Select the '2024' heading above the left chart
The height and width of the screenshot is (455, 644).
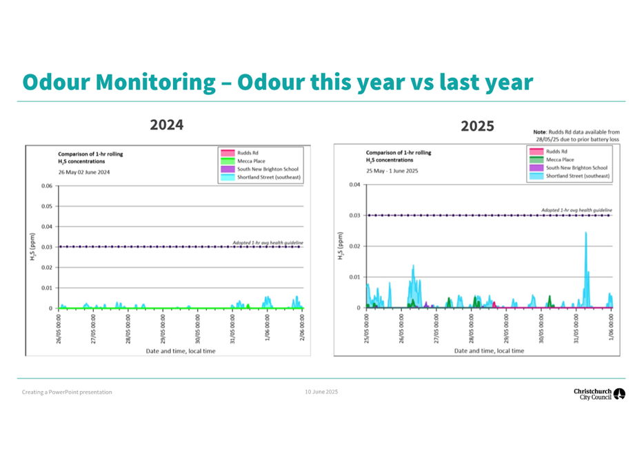(x=167, y=125)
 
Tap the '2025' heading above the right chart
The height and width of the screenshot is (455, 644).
(x=477, y=127)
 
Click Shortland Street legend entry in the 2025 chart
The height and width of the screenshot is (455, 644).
(x=577, y=176)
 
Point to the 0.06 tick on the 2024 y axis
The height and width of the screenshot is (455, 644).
(x=46, y=186)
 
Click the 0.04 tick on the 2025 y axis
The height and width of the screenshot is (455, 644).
(x=354, y=184)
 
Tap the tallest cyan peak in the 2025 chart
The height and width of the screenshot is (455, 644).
(x=586, y=234)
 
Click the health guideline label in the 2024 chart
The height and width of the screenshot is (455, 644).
(x=268, y=242)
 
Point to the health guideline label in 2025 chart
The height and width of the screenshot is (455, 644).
(x=576, y=210)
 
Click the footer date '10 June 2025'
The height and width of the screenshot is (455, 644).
(x=321, y=392)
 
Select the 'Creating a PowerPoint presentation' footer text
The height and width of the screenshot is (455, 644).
(x=67, y=392)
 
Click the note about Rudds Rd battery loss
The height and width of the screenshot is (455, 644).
(x=576, y=135)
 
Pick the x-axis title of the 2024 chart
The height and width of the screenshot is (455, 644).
(x=180, y=351)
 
